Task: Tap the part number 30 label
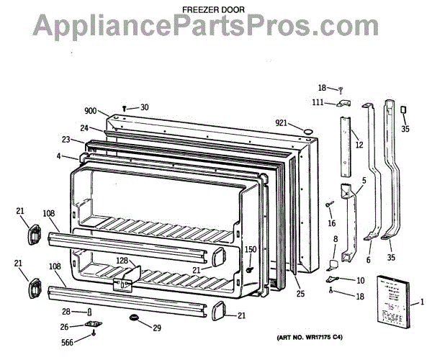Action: tap(144, 107)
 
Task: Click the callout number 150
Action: tap(251, 250)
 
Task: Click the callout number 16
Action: tap(331, 224)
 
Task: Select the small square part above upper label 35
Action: tap(403, 110)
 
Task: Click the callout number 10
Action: tap(360, 280)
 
